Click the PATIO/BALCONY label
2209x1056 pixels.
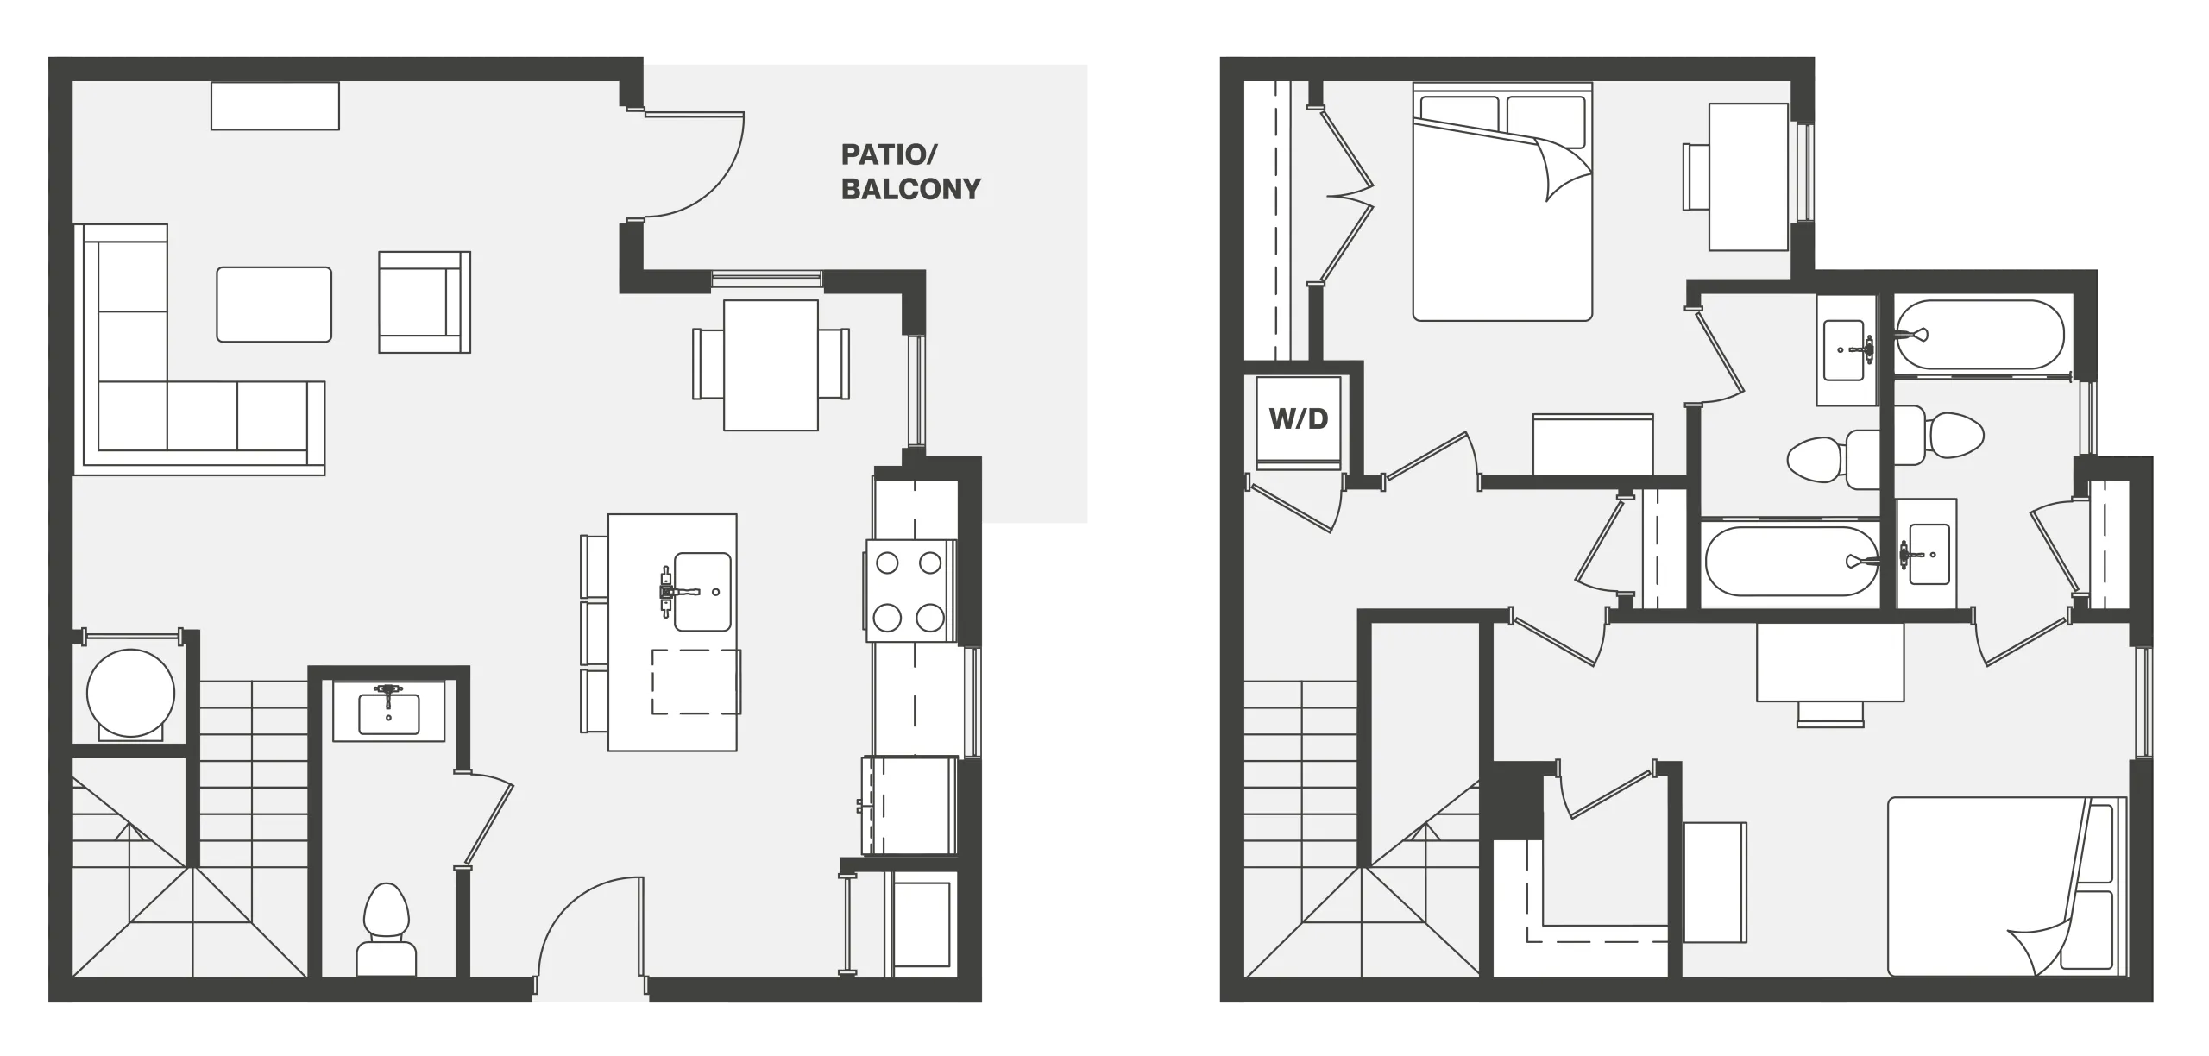point(910,172)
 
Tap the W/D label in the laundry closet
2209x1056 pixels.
point(1298,419)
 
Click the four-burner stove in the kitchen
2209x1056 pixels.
point(909,590)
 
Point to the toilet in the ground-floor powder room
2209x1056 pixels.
point(386,932)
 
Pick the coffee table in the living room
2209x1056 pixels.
point(274,305)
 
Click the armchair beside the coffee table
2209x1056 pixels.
point(425,302)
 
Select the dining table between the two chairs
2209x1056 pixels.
point(771,365)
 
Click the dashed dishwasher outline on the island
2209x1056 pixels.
point(695,682)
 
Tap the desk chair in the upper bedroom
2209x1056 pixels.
point(1696,177)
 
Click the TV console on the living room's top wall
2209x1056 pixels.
point(275,105)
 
